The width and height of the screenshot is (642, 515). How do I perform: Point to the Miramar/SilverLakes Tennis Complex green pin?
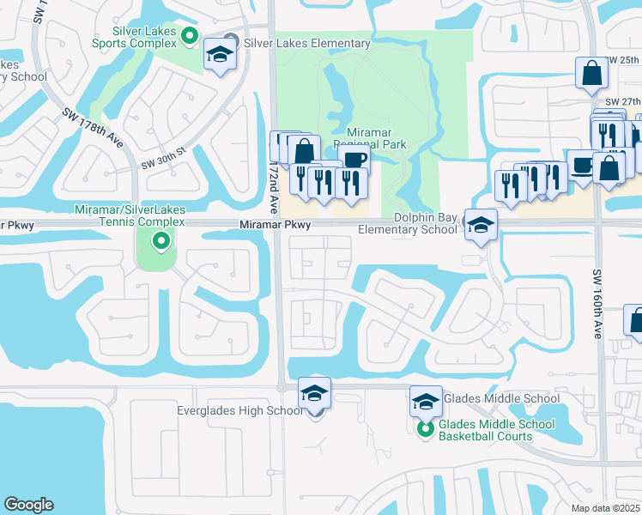[160, 241]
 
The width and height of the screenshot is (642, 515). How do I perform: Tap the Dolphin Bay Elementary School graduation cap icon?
[481, 225]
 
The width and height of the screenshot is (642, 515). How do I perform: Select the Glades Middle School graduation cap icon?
[426, 400]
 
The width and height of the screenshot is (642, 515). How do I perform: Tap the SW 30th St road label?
[164, 155]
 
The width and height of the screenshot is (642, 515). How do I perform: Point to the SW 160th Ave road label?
[598, 303]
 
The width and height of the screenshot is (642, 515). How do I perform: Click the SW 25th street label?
[622, 60]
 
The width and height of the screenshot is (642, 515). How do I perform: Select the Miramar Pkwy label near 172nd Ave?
[275, 225]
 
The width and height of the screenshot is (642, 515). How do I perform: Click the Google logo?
[28, 504]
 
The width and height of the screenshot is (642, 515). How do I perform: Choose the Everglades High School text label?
[239, 411]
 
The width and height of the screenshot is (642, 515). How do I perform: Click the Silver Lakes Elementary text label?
[307, 44]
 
